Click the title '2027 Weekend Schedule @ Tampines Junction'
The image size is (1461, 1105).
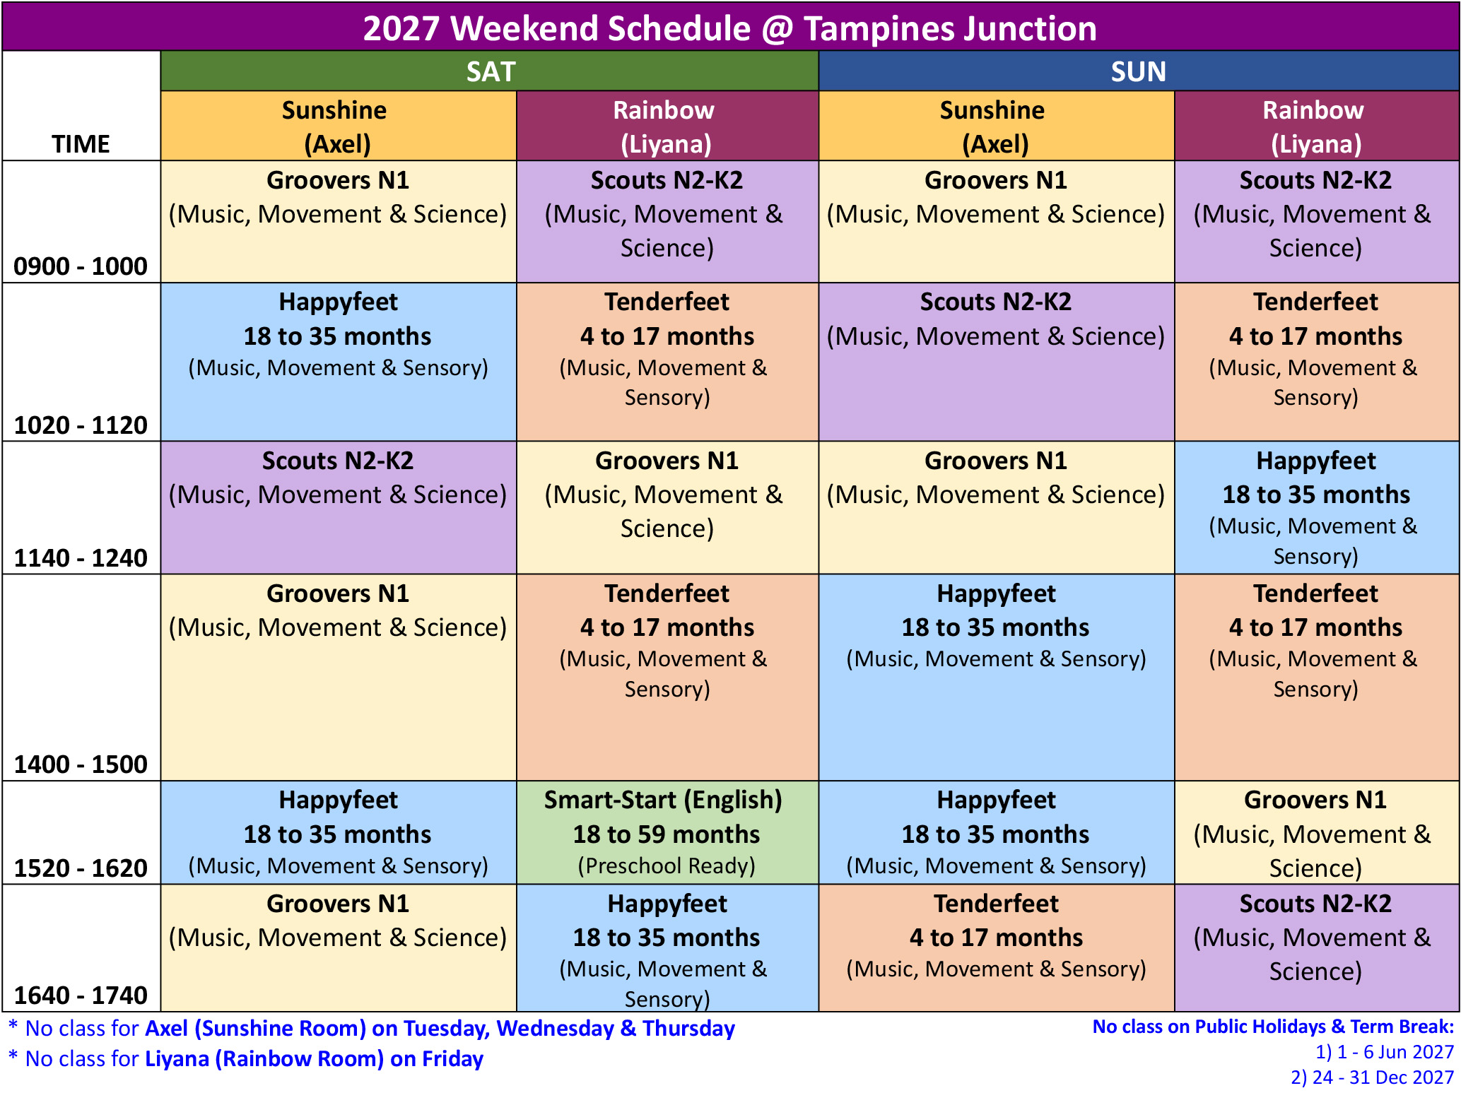click(730, 28)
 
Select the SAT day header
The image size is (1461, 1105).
click(490, 71)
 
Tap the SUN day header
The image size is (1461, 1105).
click(1139, 71)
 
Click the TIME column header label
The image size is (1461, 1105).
click(81, 144)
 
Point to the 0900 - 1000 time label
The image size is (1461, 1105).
click(81, 266)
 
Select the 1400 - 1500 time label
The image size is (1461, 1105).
click(81, 764)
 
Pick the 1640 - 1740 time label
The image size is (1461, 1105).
click(81, 995)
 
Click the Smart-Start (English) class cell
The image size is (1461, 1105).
click(667, 832)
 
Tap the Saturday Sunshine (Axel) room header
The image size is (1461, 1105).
click(339, 126)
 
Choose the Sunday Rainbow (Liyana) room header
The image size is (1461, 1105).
click(1316, 126)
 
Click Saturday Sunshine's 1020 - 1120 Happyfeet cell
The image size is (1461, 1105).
click(339, 362)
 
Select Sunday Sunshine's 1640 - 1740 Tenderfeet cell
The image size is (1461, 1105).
click(997, 948)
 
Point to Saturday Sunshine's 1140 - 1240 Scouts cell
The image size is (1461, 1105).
click(339, 508)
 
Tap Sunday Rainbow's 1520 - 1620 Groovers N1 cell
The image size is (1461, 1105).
click(1316, 832)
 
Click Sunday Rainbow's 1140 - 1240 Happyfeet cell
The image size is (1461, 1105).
click(1316, 508)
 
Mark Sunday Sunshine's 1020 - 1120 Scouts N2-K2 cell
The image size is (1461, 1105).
click(997, 362)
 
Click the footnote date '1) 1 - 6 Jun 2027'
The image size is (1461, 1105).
click(1384, 1052)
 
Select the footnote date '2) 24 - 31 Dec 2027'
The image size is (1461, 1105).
click(1372, 1077)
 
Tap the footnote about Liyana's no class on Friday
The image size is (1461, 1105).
click(246, 1059)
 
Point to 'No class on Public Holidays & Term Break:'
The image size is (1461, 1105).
click(1273, 1027)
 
